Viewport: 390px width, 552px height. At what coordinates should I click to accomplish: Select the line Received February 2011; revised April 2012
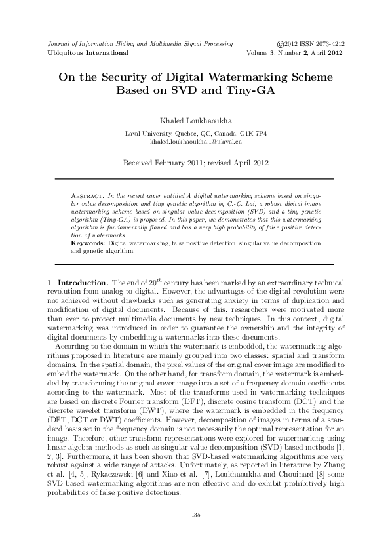(195, 161)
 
